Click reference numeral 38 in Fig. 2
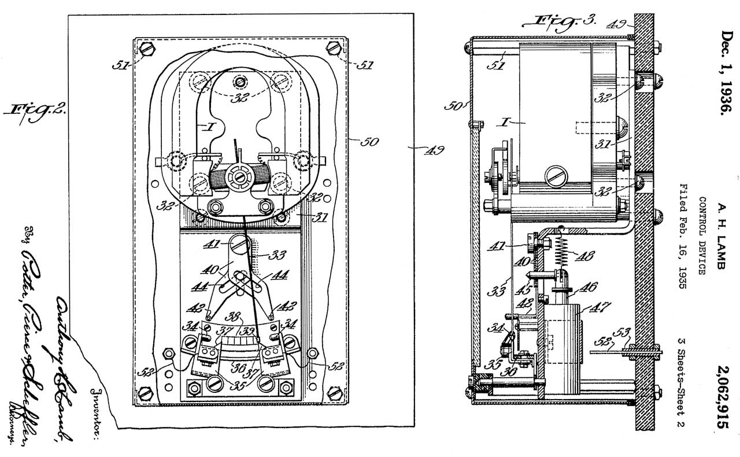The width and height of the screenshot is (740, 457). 234,317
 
